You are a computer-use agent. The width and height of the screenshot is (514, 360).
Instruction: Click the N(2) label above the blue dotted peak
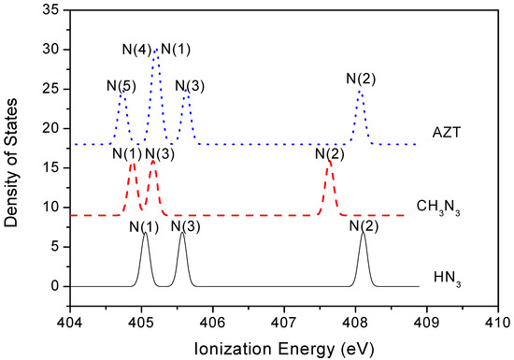click(361, 79)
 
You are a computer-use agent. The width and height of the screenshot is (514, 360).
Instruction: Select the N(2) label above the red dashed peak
click(329, 154)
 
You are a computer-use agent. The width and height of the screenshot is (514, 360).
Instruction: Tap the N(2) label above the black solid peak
click(364, 225)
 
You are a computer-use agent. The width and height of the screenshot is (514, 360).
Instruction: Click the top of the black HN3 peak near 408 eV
click(363, 233)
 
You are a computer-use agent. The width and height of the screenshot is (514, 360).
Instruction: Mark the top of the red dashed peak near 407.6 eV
click(329, 162)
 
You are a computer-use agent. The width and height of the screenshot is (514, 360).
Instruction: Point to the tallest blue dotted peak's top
click(155, 50)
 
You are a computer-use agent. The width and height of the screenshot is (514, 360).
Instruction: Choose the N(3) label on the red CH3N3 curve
click(160, 154)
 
